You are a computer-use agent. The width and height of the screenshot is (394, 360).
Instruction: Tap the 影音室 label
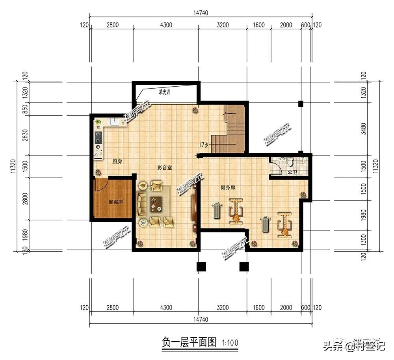pyautogui.click(x=164, y=167)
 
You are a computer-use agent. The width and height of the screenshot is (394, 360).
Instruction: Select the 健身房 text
pyautogui.click(x=228, y=188)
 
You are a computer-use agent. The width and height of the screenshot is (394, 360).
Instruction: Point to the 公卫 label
pyautogui.click(x=292, y=172)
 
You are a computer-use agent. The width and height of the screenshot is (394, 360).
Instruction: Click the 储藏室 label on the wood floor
pyautogui.click(x=116, y=202)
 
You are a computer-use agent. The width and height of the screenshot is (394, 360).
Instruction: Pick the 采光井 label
pyautogui.click(x=164, y=93)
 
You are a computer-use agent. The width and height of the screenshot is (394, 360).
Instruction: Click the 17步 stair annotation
pyautogui.click(x=204, y=145)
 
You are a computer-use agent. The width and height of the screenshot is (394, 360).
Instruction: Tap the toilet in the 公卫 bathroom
pyautogui.click(x=290, y=161)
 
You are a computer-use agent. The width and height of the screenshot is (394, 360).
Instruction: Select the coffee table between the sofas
pyautogui.click(x=155, y=202)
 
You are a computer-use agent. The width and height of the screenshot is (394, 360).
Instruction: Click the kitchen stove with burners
pyautogui.click(x=97, y=138)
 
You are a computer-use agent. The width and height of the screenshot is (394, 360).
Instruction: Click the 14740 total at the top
pyautogui.click(x=201, y=13)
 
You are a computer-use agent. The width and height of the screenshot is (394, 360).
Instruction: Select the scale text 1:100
pyautogui.click(x=230, y=343)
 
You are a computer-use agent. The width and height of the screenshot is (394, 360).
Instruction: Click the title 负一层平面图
pyautogui.click(x=189, y=342)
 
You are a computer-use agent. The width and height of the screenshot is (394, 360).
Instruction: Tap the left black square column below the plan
pyautogui.click(x=201, y=267)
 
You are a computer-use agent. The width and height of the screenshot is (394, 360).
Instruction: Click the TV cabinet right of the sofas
pyautogui.click(x=194, y=207)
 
